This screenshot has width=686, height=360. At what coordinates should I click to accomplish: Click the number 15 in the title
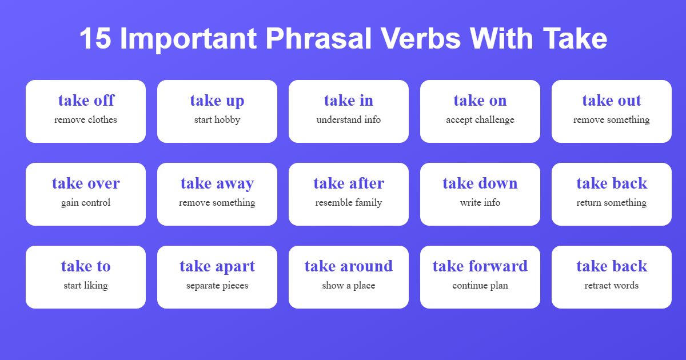[x=95, y=39]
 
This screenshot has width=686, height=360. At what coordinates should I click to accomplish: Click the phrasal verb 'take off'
[x=86, y=101]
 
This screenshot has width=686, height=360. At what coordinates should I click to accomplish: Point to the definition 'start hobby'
[x=217, y=120]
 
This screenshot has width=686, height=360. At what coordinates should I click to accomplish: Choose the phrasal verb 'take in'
[x=349, y=101]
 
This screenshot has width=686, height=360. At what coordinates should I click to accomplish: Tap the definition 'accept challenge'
[x=480, y=120]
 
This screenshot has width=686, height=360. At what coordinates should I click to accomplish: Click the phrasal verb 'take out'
[x=612, y=101]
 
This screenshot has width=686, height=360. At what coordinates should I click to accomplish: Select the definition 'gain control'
[x=86, y=203]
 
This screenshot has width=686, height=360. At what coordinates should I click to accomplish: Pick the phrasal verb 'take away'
[x=217, y=183]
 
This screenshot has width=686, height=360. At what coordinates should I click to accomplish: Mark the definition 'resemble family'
[x=349, y=203]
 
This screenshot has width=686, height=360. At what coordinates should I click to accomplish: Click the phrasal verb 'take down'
[x=480, y=183]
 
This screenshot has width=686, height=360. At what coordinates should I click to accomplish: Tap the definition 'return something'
[x=612, y=203]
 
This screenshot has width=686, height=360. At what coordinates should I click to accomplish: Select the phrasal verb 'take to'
[x=86, y=266]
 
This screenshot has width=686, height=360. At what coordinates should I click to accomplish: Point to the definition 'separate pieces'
[x=217, y=286]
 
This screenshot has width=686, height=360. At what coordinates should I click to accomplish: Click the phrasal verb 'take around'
[x=349, y=266]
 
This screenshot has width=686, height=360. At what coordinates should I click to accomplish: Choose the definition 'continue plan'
[x=480, y=286]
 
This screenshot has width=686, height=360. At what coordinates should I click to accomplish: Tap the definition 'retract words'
[x=612, y=286]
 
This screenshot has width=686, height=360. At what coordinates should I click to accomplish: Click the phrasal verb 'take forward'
[x=480, y=266]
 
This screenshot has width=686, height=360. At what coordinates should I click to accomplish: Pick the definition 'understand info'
[x=349, y=120]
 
